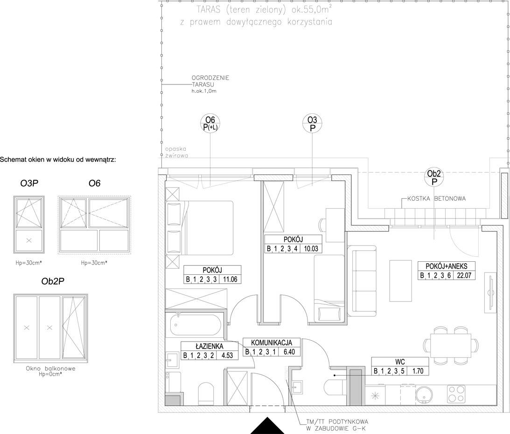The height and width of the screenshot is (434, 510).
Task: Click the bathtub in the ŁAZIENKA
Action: (x=196, y=325)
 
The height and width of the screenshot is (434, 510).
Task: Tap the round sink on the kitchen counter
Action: (x=424, y=394)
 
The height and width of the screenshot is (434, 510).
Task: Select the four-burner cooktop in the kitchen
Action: (x=456, y=394)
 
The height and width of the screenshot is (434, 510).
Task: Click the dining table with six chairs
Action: (x=451, y=345)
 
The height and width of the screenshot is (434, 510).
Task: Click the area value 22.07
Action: (x=464, y=275)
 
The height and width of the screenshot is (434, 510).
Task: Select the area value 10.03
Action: (x=311, y=249)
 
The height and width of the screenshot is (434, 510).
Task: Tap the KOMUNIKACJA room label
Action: (x=272, y=343)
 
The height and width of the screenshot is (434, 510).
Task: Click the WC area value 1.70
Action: (x=418, y=371)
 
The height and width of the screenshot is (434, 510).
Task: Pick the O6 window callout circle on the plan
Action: (x=210, y=124)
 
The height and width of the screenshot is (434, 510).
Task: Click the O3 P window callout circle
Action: (x=313, y=124)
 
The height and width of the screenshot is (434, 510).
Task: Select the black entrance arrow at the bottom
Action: (x=267, y=426)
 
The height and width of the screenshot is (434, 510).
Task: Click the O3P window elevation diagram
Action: (x=29, y=224)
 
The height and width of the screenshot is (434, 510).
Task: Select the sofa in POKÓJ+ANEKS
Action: (x=362, y=281)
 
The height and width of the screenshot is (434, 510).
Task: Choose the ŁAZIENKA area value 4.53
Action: (x=227, y=355)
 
